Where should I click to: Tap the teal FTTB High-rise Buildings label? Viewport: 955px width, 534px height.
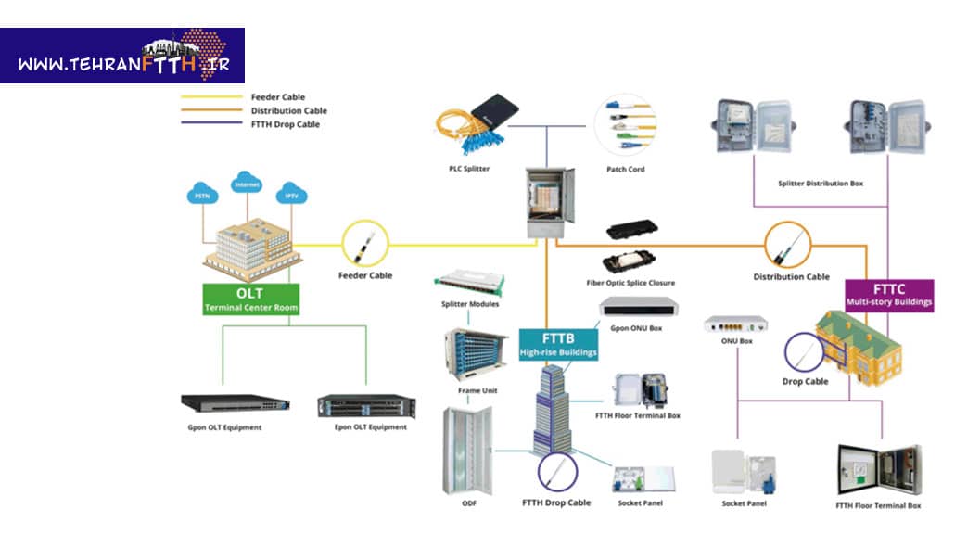click(558, 344)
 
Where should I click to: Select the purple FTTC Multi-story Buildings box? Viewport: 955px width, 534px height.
click(889, 295)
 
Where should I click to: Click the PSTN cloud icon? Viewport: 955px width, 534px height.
click(202, 196)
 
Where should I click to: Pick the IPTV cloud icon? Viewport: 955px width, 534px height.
click(291, 196)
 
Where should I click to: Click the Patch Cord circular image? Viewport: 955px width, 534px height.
click(625, 124)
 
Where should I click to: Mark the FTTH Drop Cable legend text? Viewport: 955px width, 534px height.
click(285, 124)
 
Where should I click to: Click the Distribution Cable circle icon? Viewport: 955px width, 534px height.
click(788, 246)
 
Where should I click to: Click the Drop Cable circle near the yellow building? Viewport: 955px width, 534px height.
click(806, 353)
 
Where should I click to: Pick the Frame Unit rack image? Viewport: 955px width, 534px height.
click(477, 355)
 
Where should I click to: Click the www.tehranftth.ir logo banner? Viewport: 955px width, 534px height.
click(122, 56)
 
